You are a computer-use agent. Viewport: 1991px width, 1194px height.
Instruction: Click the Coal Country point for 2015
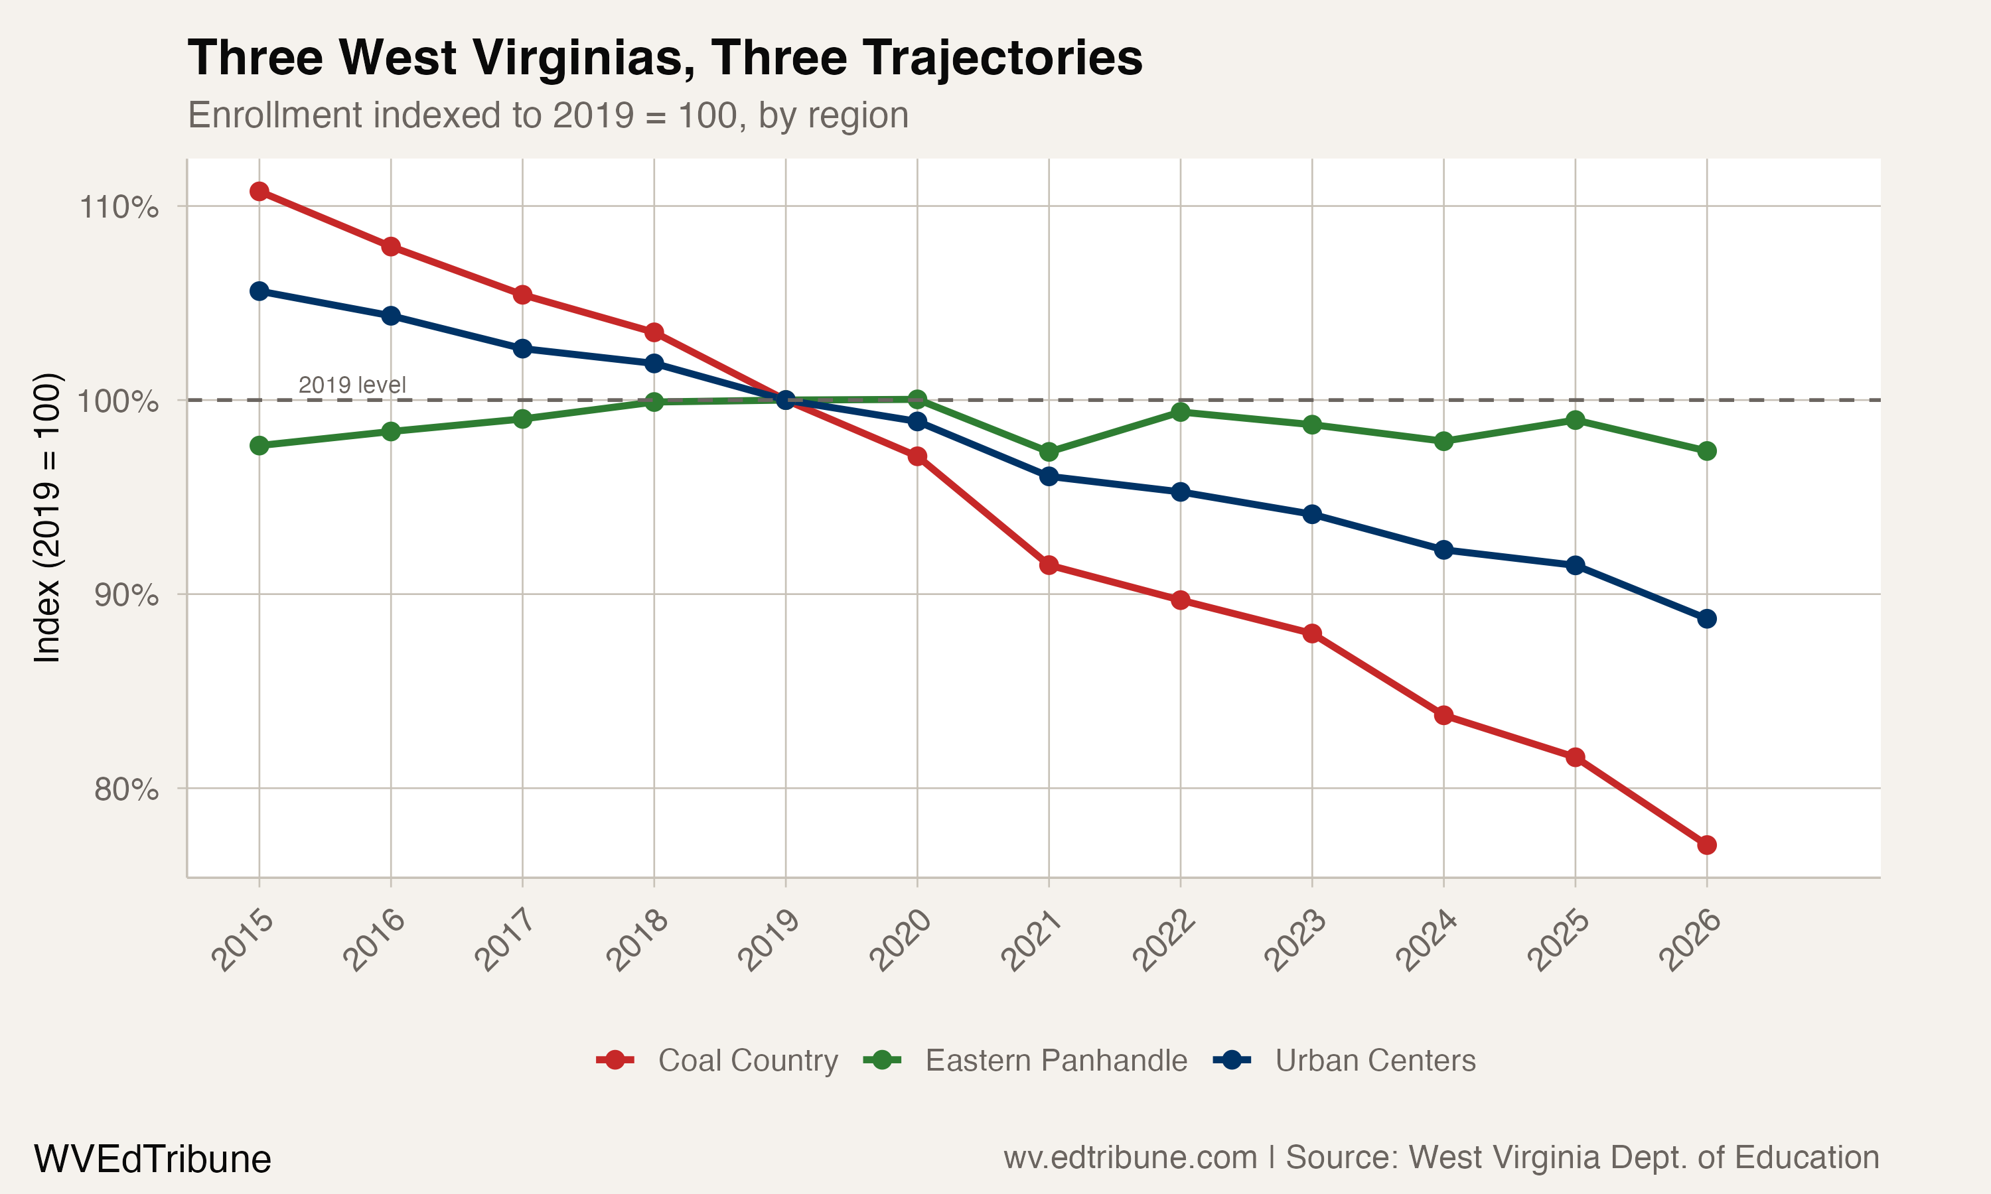click(x=259, y=190)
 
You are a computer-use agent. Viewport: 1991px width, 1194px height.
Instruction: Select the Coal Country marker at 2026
click(x=1707, y=845)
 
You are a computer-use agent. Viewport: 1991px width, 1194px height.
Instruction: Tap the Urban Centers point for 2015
click(x=259, y=291)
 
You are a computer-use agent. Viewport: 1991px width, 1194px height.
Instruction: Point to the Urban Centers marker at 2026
click(x=1707, y=619)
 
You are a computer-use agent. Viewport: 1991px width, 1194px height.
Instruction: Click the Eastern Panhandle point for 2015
click(x=259, y=446)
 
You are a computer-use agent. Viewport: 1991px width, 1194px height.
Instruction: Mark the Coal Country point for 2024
click(x=1443, y=715)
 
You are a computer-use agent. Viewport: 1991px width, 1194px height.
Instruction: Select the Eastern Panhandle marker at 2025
click(x=1576, y=420)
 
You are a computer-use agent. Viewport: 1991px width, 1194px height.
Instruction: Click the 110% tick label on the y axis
click(x=118, y=208)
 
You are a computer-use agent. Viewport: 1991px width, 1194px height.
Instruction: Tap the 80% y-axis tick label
click(x=125, y=790)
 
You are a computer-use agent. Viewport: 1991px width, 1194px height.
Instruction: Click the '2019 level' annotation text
click(x=352, y=385)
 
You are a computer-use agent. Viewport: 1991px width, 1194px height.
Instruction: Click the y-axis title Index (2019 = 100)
click(x=46, y=518)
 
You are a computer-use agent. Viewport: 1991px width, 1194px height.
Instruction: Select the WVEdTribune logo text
click(x=152, y=1159)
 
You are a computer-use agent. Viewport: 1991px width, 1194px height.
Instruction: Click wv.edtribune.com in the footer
click(x=1130, y=1158)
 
